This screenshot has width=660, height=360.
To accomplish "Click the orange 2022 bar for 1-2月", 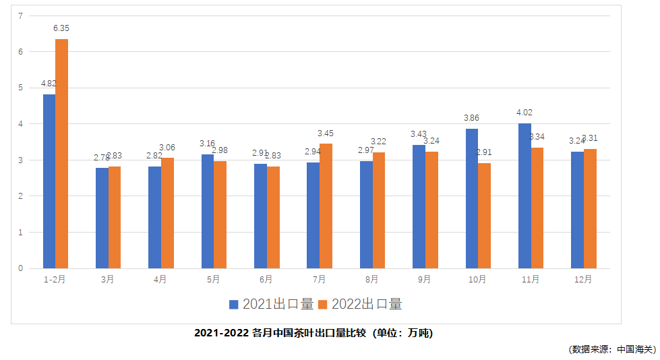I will click(61, 154).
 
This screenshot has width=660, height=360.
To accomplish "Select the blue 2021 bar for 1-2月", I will click(49, 181).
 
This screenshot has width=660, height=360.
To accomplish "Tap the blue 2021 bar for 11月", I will click(524, 196).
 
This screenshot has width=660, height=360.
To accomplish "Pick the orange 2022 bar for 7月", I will click(326, 206).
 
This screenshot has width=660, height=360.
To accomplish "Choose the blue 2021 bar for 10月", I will click(472, 198).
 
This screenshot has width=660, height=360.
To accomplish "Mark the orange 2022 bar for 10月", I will click(484, 216).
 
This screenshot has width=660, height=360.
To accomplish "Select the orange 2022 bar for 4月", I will click(167, 213).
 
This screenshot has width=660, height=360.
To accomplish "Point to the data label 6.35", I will click(61, 28).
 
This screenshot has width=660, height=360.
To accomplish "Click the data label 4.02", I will click(524, 113).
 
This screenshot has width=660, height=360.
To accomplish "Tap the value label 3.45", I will click(326, 133).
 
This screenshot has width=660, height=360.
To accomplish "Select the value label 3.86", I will click(472, 118).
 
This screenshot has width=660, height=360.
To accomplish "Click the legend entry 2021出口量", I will click(272, 304).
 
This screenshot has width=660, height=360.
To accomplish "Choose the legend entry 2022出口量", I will click(360, 304).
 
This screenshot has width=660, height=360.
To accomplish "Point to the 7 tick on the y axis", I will click(21, 16).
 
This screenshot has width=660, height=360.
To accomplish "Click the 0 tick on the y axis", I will click(21, 268).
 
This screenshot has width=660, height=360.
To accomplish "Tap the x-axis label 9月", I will click(425, 279).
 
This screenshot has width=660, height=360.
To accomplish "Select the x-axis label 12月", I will click(583, 279).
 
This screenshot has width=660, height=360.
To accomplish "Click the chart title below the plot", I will click(313, 333).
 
